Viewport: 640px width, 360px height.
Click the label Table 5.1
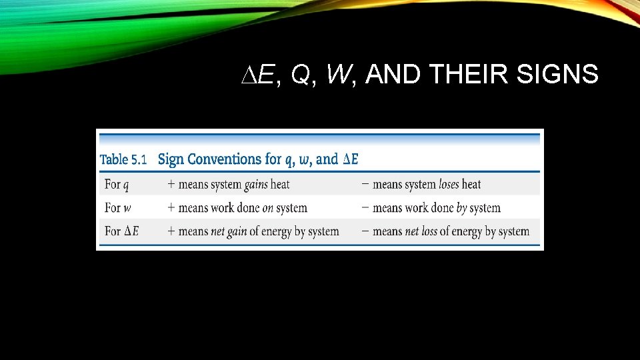point(123,159)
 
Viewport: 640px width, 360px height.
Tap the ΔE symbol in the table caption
point(350,159)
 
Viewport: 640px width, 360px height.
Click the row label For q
point(117,184)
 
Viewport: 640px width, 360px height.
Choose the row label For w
point(118,208)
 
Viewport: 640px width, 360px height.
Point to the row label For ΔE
point(121,231)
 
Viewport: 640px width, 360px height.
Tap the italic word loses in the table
point(449,184)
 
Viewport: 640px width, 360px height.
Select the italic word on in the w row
point(268,208)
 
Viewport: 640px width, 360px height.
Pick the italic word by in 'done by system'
point(461,208)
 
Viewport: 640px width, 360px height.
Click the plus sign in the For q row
point(171,184)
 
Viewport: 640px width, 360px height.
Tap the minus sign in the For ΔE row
point(365,231)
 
